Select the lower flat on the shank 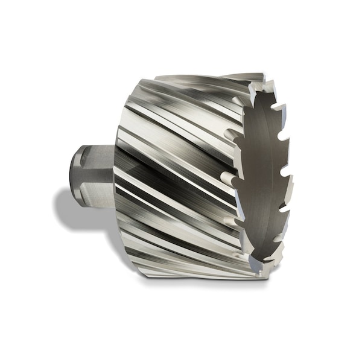(x=94, y=190)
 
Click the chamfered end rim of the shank (x=75, y=175)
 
